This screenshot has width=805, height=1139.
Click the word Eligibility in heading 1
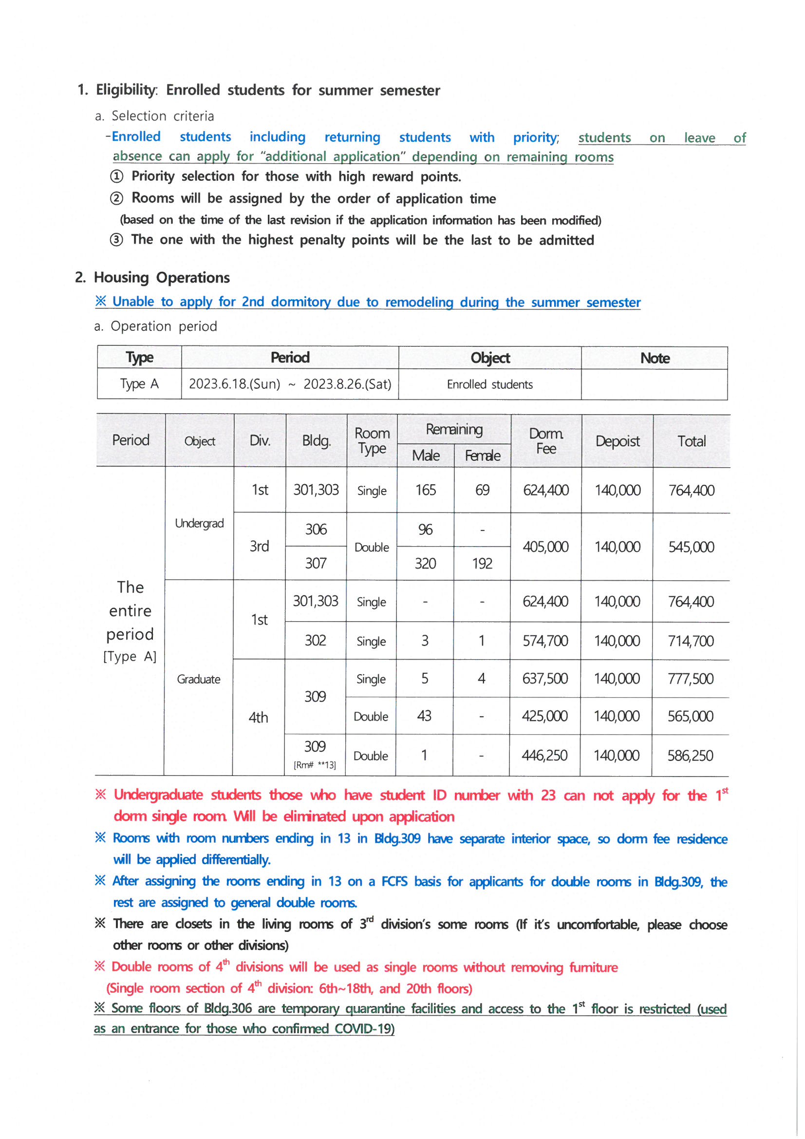pos(126,90)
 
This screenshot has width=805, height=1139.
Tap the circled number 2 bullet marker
pos(116,198)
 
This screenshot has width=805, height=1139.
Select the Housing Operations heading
pos(161,277)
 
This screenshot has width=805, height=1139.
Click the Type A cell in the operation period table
pos(139,384)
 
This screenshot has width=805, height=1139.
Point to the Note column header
pos(655,358)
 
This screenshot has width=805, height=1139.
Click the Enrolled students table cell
pos(489,384)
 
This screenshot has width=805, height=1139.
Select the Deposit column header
pos(617,441)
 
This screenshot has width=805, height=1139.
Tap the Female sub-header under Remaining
pos(482,456)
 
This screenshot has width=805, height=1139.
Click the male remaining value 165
pos(426,490)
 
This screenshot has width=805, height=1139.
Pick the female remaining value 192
pos(482,564)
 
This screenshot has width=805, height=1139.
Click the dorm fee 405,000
pos(545,547)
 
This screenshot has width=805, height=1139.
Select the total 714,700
pos(691,641)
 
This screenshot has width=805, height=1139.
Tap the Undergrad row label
pos(199,523)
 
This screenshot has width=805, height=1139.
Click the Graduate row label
pos(198,679)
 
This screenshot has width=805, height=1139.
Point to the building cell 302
pos(316,641)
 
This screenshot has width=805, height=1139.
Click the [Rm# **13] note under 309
pos(315,765)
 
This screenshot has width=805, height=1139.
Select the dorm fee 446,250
pos(544,755)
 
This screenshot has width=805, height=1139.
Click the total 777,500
pos(691,679)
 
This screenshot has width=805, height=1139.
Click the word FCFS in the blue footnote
pos(394,882)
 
